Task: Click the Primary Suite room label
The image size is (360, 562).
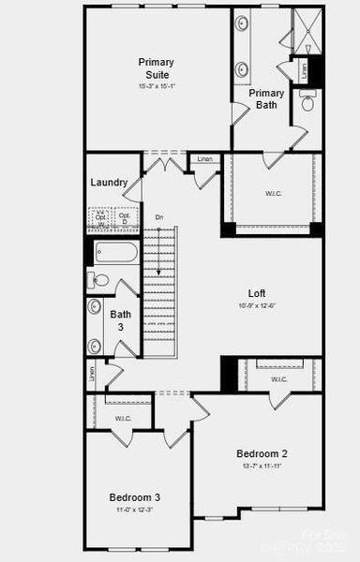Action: pyautogui.click(x=157, y=67)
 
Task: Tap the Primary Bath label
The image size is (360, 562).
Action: pyautogui.click(x=266, y=99)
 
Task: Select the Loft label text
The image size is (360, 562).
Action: pyautogui.click(x=256, y=292)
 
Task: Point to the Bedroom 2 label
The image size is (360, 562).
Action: pyautogui.click(x=262, y=453)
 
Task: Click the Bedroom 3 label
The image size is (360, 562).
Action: pyautogui.click(x=134, y=496)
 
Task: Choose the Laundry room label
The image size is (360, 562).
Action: pyautogui.click(x=110, y=182)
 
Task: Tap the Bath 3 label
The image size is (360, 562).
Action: pyautogui.click(x=121, y=320)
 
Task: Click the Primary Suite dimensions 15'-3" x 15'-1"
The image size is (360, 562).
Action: pyautogui.click(x=157, y=86)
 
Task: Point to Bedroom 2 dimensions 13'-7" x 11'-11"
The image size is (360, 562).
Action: pyautogui.click(x=262, y=466)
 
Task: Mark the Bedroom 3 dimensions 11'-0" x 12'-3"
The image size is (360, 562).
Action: pyautogui.click(x=134, y=510)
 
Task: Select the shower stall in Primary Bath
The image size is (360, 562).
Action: pyautogui.click(x=307, y=30)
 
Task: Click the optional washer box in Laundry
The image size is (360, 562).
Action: pyautogui.click(x=102, y=218)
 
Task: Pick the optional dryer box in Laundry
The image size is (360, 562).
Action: pyautogui.click(x=124, y=218)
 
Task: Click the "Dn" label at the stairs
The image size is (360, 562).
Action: pyautogui.click(x=159, y=217)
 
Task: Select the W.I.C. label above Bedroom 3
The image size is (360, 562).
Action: pyautogui.click(x=123, y=418)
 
